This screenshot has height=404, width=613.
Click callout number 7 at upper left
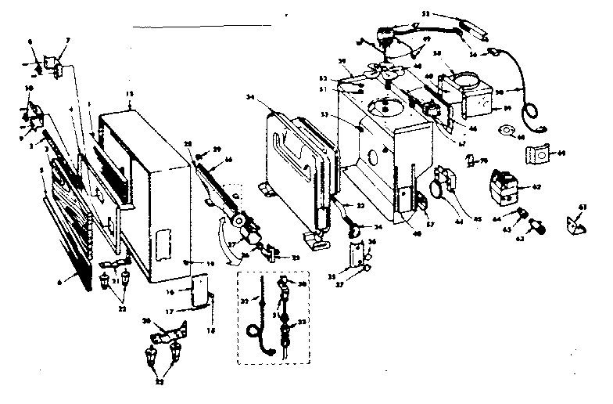click(67, 39)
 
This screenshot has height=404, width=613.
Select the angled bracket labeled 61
click(578, 225)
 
